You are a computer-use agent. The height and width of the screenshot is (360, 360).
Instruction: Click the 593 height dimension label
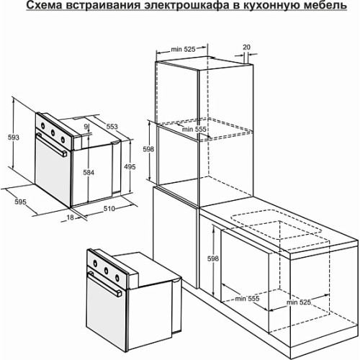click(x=14, y=138)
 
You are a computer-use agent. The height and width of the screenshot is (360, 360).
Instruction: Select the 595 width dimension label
click(x=20, y=202)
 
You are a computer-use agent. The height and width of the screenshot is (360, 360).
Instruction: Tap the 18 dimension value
click(x=70, y=217)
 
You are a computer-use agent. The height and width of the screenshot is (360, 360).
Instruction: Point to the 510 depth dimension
click(x=109, y=209)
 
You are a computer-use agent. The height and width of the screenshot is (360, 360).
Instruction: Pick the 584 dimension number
click(x=89, y=172)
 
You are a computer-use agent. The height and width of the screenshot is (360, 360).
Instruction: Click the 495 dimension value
click(x=130, y=166)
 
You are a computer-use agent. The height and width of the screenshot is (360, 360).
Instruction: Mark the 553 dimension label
click(x=112, y=127)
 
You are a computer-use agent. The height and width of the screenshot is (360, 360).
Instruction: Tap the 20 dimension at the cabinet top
click(x=246, y=48)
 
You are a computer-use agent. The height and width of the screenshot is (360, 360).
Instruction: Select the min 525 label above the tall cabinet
click(x=183, y=49)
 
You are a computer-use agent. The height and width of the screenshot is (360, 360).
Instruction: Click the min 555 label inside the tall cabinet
click(x=194, y=129)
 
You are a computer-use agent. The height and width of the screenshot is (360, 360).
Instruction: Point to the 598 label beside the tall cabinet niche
click(x=148, y=149)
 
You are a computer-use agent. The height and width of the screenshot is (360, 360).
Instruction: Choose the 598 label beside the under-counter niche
click(x=213, y=258)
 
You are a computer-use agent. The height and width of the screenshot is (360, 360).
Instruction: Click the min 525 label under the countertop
click(x=299, y=302)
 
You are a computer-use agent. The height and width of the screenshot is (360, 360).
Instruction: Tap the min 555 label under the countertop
click(x=247, y=299)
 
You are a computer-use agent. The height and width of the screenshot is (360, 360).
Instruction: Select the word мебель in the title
click(x=325, y=6)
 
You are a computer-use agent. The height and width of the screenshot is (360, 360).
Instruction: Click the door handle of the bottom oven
click(x=105, y=284)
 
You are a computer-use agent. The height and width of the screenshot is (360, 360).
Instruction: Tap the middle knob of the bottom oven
click(x=106, y=271)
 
